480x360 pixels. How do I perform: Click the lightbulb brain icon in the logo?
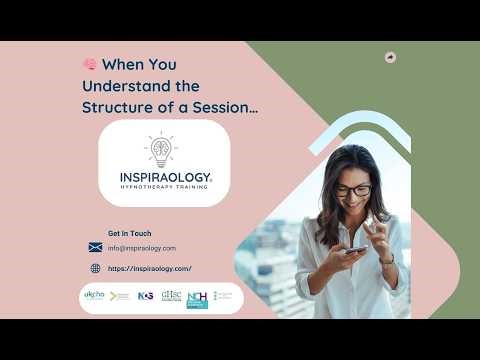(x=160, y=150)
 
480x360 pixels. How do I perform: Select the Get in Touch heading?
(x=130, y=233)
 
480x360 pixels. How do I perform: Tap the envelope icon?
(x=95, y=247)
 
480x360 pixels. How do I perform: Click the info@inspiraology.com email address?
(x=142, y=248)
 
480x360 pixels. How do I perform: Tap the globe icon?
(x=95, y=268)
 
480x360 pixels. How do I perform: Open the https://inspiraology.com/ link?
(x=149, y=268)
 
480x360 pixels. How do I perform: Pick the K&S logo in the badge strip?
(x=145, y=297)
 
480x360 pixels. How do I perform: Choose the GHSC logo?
(x=171, y=296)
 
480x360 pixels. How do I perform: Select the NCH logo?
(x=197, y=298)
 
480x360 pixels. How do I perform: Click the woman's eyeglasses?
(x=353, y=190)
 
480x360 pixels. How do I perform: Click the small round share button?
(x=390, y=57)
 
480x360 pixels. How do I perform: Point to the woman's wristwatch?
(x=387, y=259)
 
